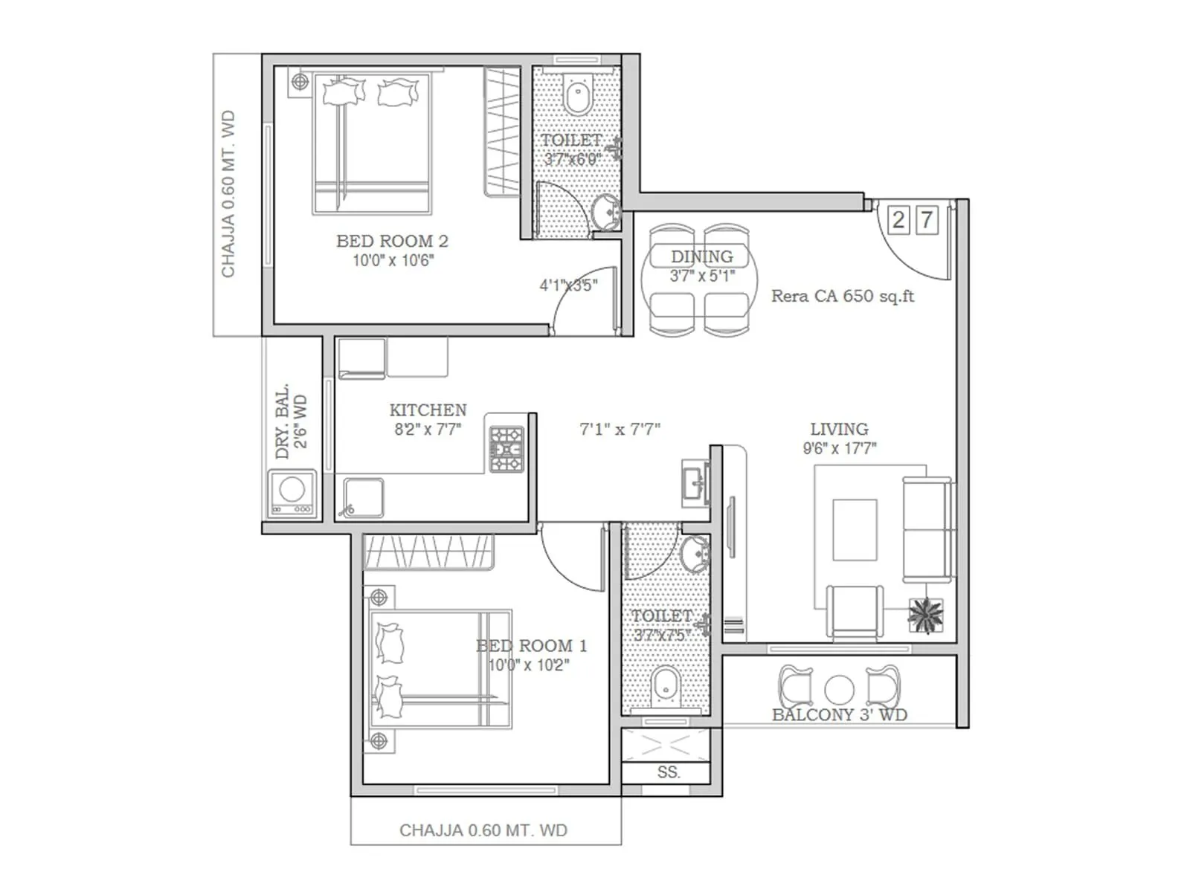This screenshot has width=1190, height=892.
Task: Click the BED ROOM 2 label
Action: pos(392,241)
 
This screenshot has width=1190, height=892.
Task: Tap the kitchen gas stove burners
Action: pos(506,450)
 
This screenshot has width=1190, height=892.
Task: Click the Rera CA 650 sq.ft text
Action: pos(842,296)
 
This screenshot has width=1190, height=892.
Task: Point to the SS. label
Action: pos(668,772)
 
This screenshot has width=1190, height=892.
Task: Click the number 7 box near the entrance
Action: pos(926,220)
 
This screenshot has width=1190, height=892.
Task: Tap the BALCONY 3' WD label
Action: pos(839,715)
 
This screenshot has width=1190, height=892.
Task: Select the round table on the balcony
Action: pos(839,690)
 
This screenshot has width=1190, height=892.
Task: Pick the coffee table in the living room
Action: pos(855,529)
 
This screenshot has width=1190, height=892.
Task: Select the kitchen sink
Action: pos(363,497)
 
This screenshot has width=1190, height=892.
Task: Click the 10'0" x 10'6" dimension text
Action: pos(393,261)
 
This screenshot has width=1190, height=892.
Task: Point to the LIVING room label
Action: pos(839,429)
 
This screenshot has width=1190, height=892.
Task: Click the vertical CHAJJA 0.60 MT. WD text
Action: pos(228,195)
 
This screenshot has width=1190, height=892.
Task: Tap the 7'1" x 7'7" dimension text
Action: pos(620,429)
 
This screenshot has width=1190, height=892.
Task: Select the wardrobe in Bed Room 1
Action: pos(429,552)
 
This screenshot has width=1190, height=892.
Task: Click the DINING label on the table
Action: pos(701,256)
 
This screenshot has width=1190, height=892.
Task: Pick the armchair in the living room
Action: pos(855,611)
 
